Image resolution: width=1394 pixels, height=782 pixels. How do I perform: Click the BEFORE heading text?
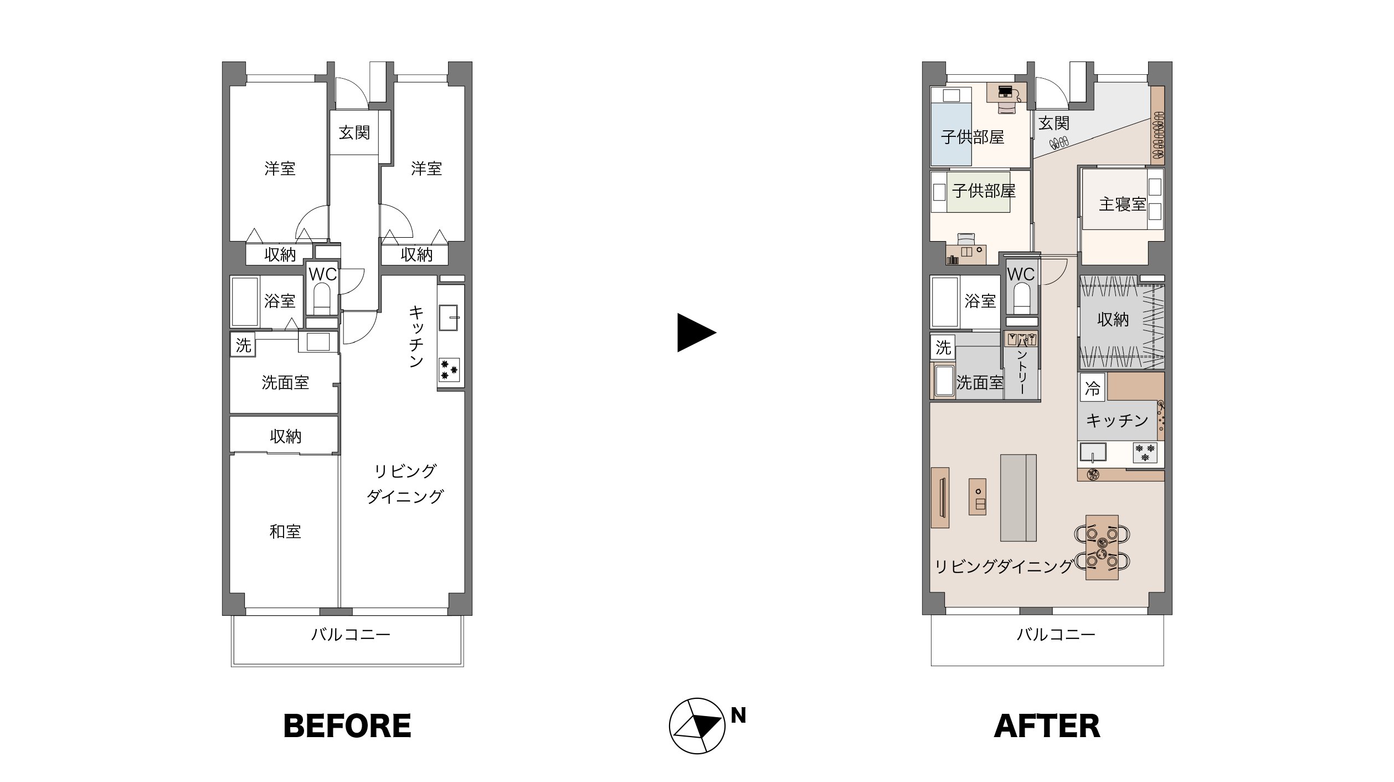tap(347, 725)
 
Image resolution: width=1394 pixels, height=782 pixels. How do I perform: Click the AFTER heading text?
tap(1047, 725)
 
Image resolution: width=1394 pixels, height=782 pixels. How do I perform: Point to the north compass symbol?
tap(697, 725)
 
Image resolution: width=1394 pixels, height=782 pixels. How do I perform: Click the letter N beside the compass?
tap(738, 715)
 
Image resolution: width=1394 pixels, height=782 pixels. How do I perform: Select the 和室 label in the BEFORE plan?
tap(285, 532)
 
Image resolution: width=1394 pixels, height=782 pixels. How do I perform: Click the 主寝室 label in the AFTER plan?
tap(1122, 204)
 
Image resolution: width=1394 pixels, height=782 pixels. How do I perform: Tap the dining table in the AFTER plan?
tap(1102, 548)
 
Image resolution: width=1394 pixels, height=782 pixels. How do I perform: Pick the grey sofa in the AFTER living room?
tap(1018, 498)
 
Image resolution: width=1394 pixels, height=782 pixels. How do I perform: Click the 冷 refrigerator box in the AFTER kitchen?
tap(1092, 389)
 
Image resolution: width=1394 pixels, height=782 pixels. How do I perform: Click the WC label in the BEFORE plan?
tap(323, 274)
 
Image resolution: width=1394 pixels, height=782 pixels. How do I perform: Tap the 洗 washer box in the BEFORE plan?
tap(243, 345)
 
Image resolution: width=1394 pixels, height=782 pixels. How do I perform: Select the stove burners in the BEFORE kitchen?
tap(449, 370)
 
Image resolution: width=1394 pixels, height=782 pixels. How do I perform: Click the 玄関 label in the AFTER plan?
tap(1053, 123)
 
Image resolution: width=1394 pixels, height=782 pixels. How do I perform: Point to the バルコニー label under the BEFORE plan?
tap(351, 634)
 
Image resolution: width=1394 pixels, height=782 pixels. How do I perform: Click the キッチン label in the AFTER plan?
tap(1117, 421)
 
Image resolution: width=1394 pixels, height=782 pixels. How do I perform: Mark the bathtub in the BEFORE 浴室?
tap(245, 302)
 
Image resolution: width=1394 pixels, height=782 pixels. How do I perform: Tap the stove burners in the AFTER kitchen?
tap(1145, 452)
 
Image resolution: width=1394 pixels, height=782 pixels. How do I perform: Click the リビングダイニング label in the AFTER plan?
tap(1004, 566)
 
